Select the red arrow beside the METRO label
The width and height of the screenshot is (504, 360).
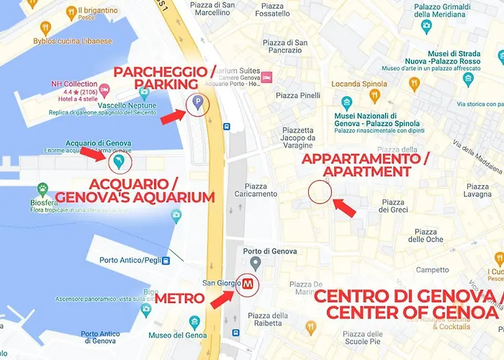[x=222, y=297]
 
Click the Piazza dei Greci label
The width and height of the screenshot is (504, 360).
[x=393, y=206]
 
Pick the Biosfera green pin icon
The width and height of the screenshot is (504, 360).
[x=43, y=191]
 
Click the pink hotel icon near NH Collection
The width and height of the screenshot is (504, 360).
[x=105, y=89]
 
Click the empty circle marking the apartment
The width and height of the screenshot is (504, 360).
[x=320, y=192]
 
